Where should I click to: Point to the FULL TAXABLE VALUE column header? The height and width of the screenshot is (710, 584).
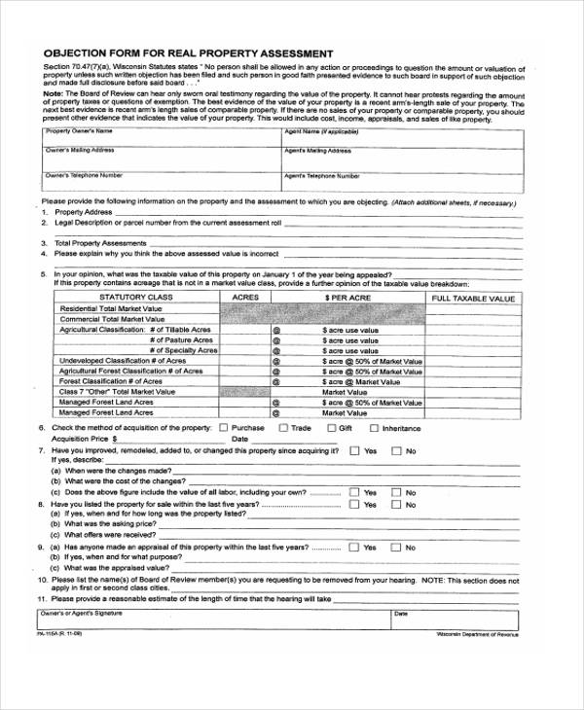tap(474, 299)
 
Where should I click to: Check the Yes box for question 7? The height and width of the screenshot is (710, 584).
tap(354, 450)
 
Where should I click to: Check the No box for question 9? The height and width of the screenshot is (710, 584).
tap(396, 547)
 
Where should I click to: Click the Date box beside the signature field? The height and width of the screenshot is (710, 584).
tap(454, 620)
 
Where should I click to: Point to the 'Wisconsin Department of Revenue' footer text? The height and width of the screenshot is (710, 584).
tap(478, 634)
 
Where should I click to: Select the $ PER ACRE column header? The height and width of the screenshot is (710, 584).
tap(347, 298)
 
